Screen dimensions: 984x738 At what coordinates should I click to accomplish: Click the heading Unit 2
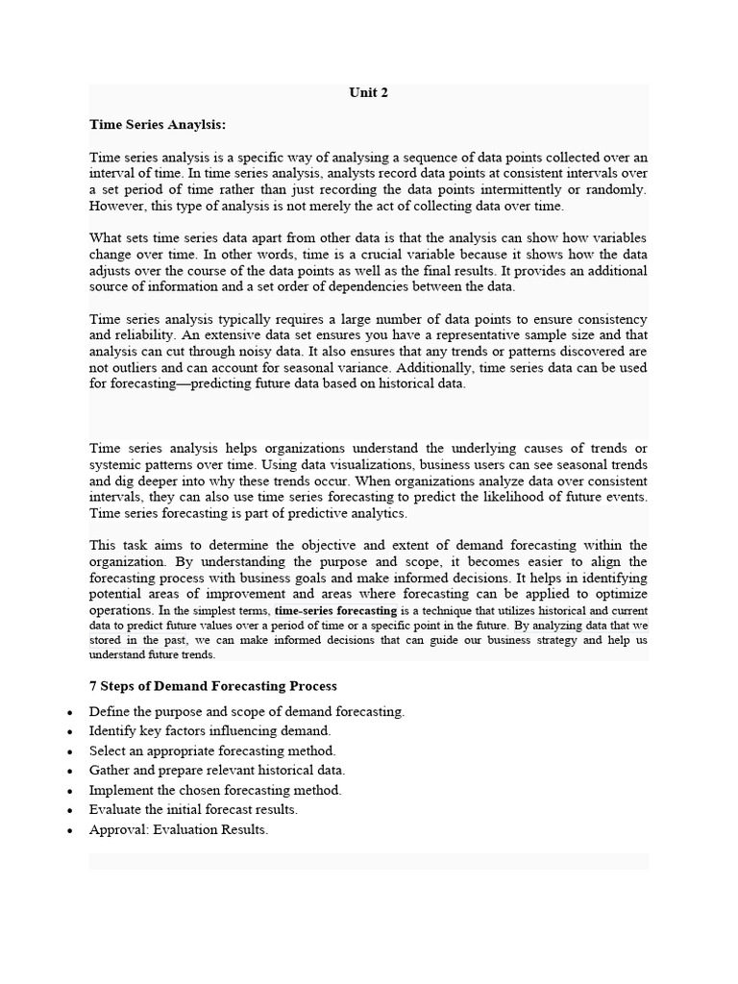[368, 93]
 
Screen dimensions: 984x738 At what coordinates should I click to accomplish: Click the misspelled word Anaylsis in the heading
[197, 124]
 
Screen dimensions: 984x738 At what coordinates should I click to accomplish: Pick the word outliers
[145, 367]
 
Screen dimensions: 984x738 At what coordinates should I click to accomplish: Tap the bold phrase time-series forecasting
[334, 610]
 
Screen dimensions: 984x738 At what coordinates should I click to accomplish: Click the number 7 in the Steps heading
[93, 686]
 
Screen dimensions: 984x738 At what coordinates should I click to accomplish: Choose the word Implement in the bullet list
[121, 790]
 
